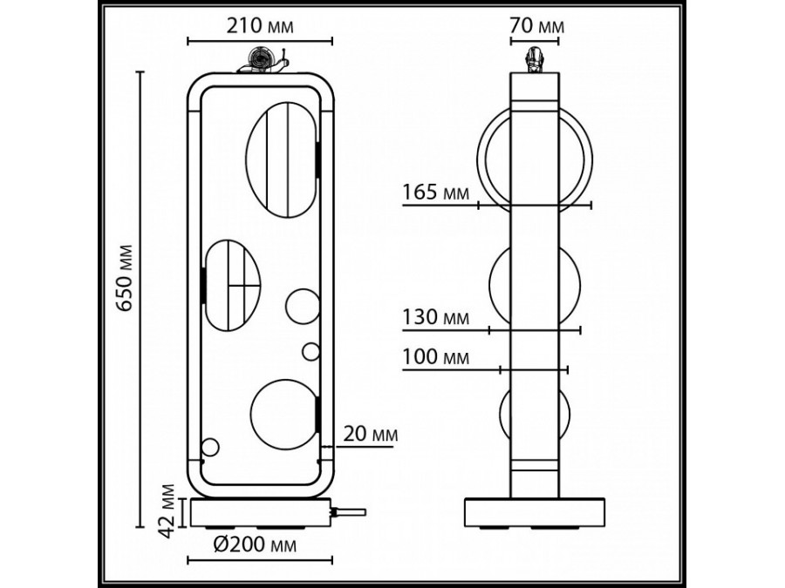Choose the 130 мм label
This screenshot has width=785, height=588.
click(435, 317)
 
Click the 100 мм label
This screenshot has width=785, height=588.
click(435, 357)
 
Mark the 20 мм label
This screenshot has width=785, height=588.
click(372, 433)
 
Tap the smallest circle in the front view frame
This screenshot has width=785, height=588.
click(311, 351)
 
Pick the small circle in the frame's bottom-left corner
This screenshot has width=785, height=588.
click(210, 449)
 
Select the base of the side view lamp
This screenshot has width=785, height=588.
click(534, 513)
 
